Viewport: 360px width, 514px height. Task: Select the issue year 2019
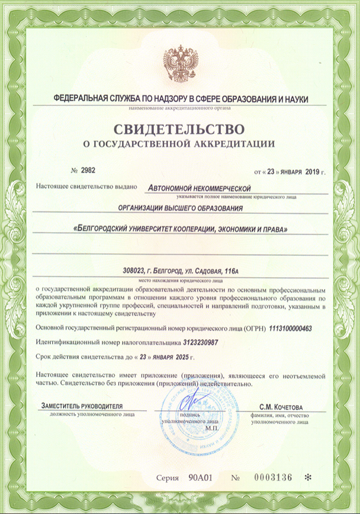pos(311,172)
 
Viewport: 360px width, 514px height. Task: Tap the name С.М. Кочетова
pos(281,407)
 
